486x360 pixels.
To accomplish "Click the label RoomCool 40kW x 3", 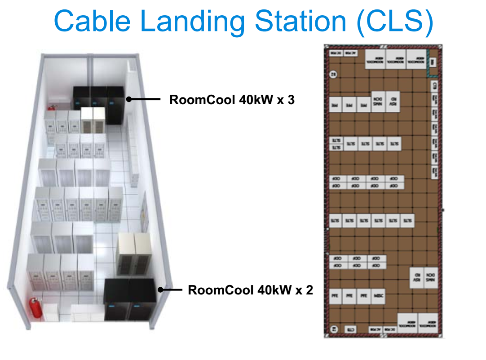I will (232, 100).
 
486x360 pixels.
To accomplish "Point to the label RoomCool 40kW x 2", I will (250, 290).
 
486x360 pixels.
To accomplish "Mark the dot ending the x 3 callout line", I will (128, 99).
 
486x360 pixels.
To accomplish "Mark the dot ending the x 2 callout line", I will (160, 290).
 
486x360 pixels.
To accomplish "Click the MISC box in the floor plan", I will (379, 296).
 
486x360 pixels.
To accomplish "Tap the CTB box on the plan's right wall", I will (434, 85).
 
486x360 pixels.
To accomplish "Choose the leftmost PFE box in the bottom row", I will (335, 296).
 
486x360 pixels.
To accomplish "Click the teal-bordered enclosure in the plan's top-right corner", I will (432, 62).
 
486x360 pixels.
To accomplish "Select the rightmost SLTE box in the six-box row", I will (407, 221).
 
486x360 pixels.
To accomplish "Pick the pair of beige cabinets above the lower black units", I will (133, 254).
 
